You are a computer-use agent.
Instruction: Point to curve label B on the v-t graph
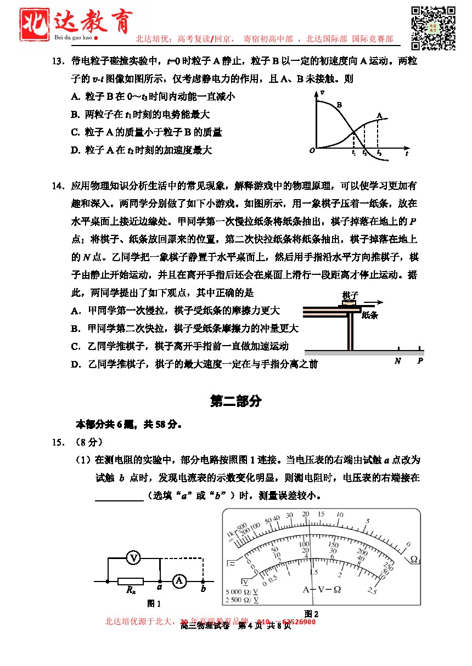point(339,104)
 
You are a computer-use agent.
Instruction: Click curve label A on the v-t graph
point(379,115)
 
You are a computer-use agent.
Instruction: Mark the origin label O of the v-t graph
point(312,150)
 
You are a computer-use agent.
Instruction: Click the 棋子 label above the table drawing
point(350,295)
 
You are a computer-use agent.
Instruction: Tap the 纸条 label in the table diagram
point(369,315)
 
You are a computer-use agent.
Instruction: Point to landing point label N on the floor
point(397,361)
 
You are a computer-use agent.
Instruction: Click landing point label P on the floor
point(420,361)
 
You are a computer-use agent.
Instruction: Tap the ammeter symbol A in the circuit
point(178,581)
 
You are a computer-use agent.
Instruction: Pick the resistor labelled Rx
point(131,582)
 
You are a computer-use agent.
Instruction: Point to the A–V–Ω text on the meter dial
point(322,589)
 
